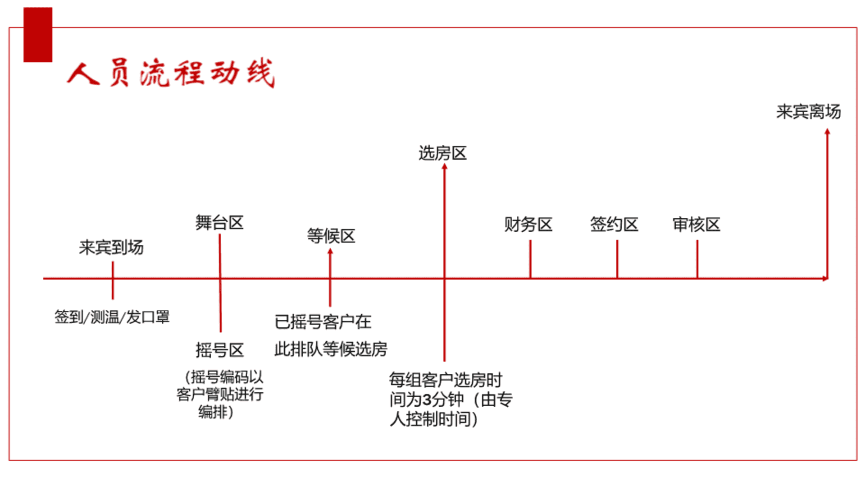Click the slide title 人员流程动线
[171, 73]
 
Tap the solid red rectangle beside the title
[38, 35]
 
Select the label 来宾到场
[111, 247]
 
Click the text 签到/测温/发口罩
[112, 317]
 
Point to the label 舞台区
[219, 223]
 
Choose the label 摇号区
[220, 350]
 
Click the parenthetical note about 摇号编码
[219, 395]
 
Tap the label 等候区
[331, 236]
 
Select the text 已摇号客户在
[323, 322]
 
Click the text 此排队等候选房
[331, 349]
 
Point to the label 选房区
[442, 153]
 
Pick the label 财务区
[528, 224]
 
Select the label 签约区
[615, 224]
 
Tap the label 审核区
[697, 224]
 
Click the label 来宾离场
[809, 112]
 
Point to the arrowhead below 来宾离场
[827, 132]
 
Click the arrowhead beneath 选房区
[445, 166]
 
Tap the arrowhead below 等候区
[330, 251]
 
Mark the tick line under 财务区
[530, 259]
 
